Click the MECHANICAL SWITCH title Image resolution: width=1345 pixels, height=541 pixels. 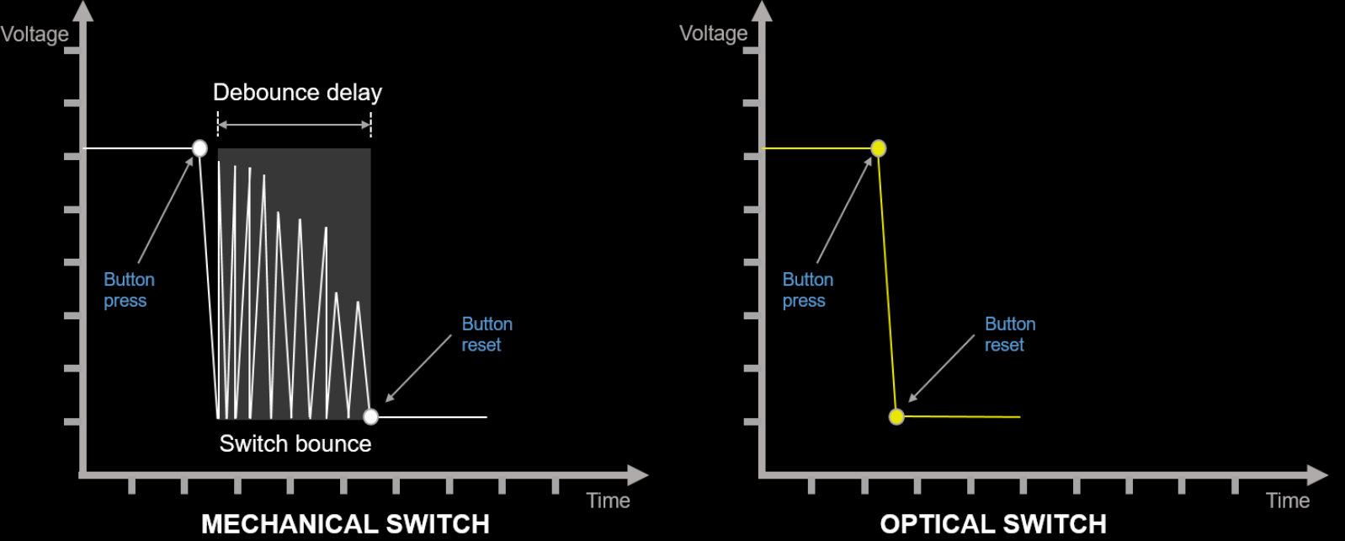[345, 523]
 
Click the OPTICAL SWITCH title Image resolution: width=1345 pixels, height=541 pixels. [993, 523]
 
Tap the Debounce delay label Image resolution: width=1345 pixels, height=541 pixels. [297, 92]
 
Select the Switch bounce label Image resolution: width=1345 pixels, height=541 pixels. [295, 443]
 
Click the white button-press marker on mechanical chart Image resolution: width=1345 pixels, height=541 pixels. [199, 148]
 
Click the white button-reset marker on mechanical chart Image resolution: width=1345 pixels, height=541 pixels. [370, 416]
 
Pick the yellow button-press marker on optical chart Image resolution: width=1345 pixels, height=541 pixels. [878, 148]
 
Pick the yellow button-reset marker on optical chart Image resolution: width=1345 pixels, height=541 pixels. [896, 416]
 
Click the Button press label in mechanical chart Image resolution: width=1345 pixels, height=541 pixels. [129, 290]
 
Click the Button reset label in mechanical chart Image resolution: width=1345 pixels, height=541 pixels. [486, 335]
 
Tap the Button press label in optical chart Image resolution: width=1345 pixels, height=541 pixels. [807, 290]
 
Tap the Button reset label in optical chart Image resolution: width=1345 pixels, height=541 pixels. [1010, 335]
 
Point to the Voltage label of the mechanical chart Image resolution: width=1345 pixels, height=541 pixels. [35, 35]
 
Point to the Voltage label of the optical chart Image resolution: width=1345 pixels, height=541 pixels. [714, 34]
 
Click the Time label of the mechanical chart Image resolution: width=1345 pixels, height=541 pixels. [608, 501]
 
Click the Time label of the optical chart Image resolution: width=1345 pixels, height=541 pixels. [1288, 501]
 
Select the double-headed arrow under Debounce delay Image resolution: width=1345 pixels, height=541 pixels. [295, 125]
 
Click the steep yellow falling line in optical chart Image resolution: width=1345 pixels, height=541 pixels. [887, 282]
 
